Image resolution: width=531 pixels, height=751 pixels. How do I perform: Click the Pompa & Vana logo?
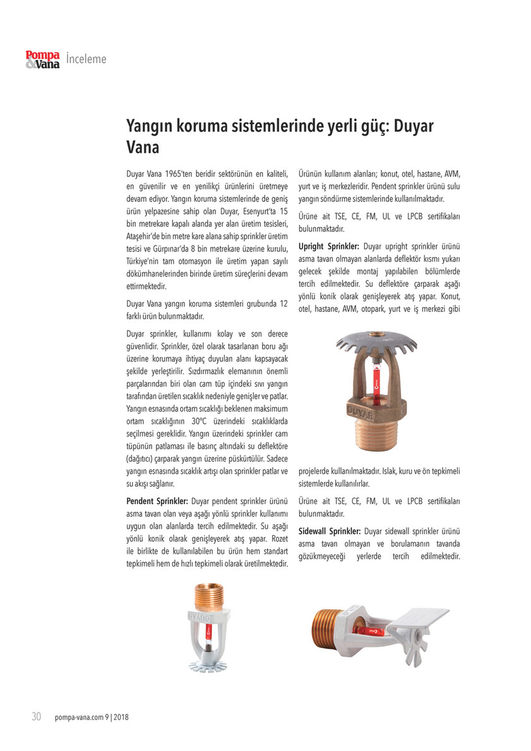(42, 59)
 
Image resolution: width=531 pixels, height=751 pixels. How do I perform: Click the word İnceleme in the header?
(86, 59)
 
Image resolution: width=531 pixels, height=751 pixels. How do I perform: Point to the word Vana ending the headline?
(143, 149)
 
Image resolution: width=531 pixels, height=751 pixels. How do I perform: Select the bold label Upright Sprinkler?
(329, 246)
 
